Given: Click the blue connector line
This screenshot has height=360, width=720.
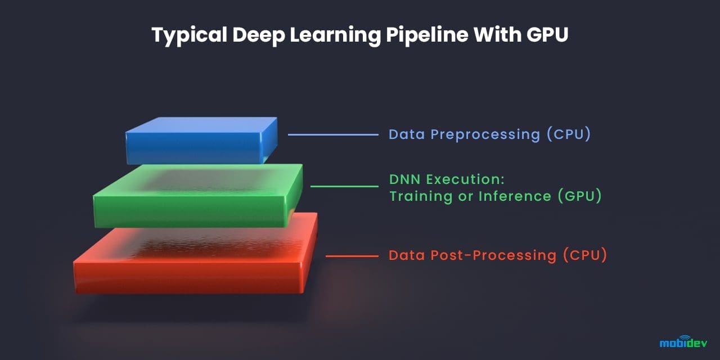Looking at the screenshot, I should coord(333,135).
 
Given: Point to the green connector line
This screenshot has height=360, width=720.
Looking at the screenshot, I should coord(344,186).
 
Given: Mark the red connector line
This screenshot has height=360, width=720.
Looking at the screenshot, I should coord(352,256).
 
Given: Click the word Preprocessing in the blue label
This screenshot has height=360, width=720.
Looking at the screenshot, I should coord(485,135).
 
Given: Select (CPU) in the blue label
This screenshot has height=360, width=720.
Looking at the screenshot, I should coord(568,135).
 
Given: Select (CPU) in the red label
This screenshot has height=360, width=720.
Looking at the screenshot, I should coord(585,255).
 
